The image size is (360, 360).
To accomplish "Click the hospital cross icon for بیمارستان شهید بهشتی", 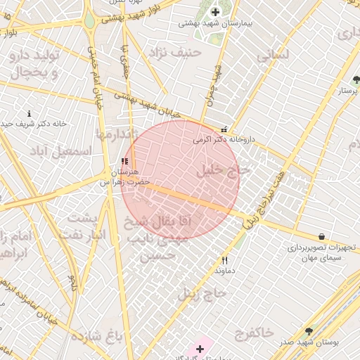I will click(x=215, y=11).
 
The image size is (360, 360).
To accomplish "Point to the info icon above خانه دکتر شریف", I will click(x=29, y=113).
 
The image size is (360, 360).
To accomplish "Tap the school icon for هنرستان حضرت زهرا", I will click(x=124, y=161).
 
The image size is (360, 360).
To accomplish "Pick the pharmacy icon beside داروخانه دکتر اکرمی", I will click(x=224, y=129).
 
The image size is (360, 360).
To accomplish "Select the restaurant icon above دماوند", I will click(x=224, y=260).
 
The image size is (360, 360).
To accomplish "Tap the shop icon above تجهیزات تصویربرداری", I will click(x=321, y=237).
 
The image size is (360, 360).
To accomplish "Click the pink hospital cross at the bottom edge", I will click(x=200, y=348).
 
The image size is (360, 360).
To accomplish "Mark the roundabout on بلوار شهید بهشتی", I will click(x=91, y=20).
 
